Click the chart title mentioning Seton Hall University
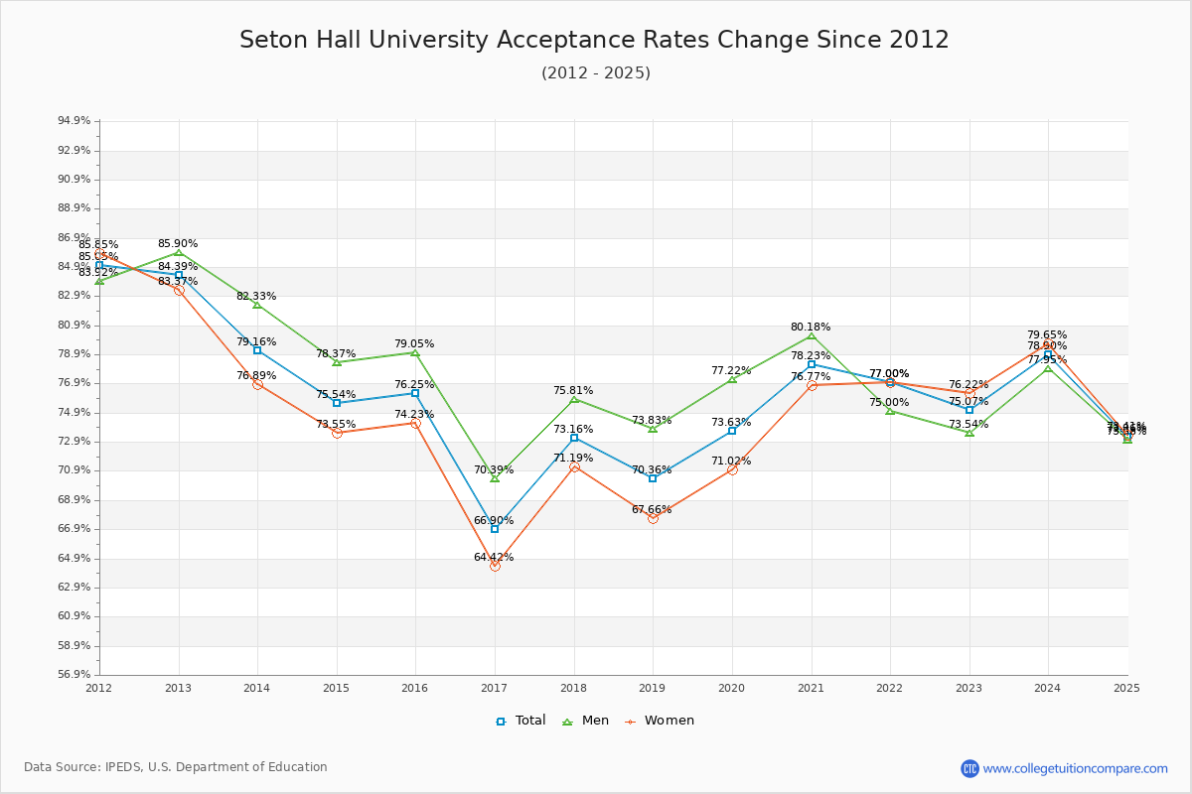pyautogui.click(x=594, y=41)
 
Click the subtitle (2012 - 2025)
pyautogui.click(x=596, y=73)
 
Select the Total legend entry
pyautogui.click(x=521, y=721)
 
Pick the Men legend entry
pyautogui.click(x=586, y=721)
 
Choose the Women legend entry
pyautogui.click(x=660, y=721)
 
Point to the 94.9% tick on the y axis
pyautogui.click(x=74, y=121)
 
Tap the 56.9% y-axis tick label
pyautogui.click(x=74, y=675)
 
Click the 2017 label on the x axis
pyautogui.click(x=494, y=687)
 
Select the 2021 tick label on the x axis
pyautogui.click(x=811, y=687)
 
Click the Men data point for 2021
pyautogui.click(x=812, y=335)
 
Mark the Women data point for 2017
pyautogui.click(x=495, y=566)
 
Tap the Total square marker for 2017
pyautogui.click(x=495, y=529)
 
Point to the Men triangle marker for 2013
pyautogui.click(x=179, y=252)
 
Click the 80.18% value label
pyautogui.click(x=811, y=327)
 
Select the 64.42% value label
pyautogui.click(x=494, y=557)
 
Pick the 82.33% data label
pyautogui.click(x=256, y=296)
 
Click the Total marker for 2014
pyautogui.click(x=257, y=350)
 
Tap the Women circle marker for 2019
pyautogui.click(x=653, y=518)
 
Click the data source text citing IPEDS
pyautogui.click(x=176, y=767)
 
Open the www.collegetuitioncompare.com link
pyautogui.click(x=1075, y=768)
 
